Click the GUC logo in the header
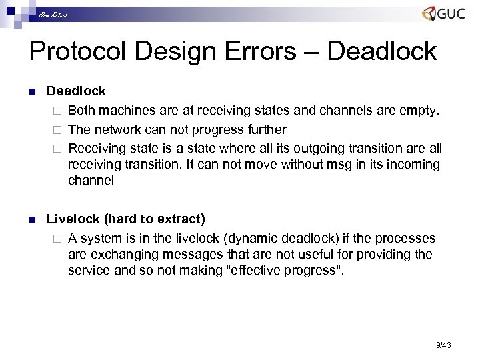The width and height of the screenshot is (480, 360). pyautogui.click(x=443, y=14)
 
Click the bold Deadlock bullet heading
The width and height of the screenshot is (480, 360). pyautogui.click(x=76, y=90)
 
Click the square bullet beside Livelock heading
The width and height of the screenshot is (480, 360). pyautogui.click(x=32, y=219)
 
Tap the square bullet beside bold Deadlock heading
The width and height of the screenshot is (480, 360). pyautogui.click(x=32, y=91)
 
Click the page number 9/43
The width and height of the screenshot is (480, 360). pyautogui.click(x=443, y=345)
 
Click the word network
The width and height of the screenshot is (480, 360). pyautogui.click(x=116, y=129)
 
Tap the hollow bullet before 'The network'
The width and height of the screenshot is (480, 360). pyautogui.click(x=58, y=129)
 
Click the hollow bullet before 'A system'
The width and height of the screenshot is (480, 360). pyautogui.click(x=58, y=239)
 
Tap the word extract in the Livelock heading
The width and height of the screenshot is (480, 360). pyautogui.click(x=178, y=219)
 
